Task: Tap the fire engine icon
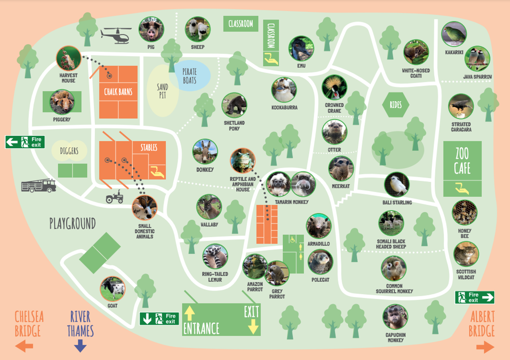39,185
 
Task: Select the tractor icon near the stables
114,197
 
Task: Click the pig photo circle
151,29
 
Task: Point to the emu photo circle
301,49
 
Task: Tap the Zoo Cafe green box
462,169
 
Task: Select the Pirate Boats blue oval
192,76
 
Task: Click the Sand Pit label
162,91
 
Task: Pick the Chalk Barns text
118,92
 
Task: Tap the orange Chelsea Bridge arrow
24,346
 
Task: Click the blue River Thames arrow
80,345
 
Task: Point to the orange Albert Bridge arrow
485,346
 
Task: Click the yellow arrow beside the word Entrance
189,313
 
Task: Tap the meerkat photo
341,169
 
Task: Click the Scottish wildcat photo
466,254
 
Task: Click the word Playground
73,224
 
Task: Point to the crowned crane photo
334,87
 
